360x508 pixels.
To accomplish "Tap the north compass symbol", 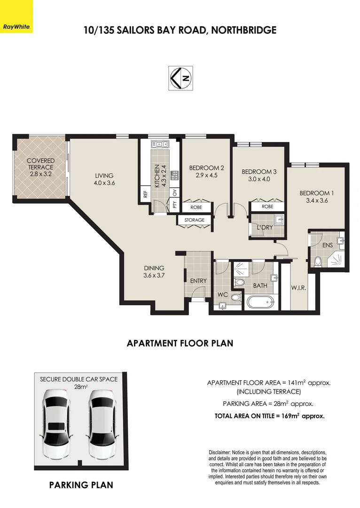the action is (180, 78).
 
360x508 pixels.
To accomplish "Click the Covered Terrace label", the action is (40, 164).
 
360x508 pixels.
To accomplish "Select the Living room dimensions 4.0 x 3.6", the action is (104, 183).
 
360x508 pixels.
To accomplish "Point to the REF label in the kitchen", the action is (145, 194).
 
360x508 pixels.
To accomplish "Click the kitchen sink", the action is (160, 143).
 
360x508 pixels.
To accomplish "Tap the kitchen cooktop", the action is (175, 175).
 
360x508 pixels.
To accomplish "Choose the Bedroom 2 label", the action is (206, 168).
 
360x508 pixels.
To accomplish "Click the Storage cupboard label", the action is (194, 220).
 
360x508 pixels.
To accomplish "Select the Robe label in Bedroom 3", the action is (267, 206).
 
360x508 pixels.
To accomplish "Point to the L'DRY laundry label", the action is (265, 228).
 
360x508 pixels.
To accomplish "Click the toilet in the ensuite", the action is (317, 261).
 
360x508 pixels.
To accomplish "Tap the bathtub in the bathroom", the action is (261, 302).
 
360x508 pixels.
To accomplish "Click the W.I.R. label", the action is (298, 287).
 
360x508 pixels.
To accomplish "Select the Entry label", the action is (198, 281).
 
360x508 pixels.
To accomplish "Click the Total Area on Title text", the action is (269, 416).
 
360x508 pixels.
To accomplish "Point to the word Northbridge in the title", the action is (244, 30).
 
